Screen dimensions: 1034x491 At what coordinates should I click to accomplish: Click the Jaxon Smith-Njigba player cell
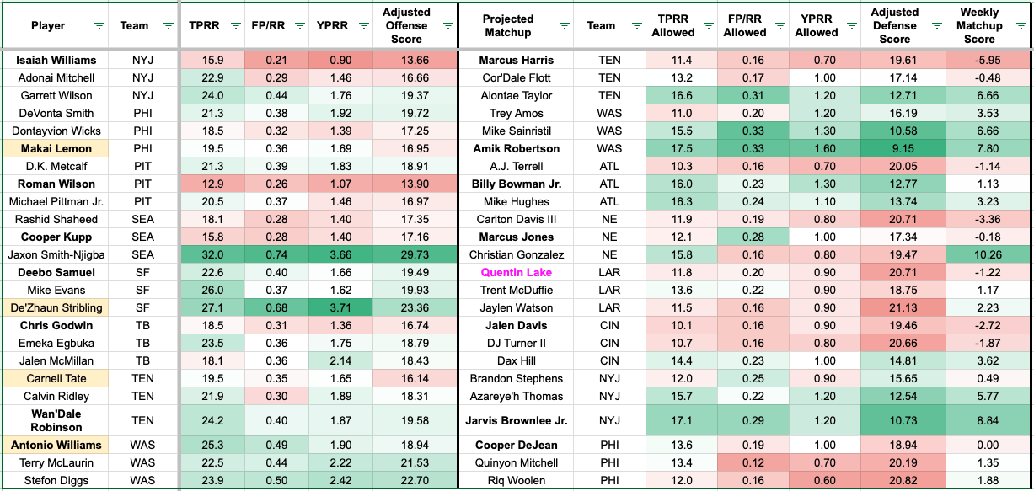pos(56,254)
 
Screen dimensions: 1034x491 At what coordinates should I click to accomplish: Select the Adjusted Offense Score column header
pos(406,26)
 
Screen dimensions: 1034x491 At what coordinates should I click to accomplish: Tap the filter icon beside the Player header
pos(99,26)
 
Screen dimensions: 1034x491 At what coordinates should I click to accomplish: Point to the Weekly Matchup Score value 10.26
pos(988,254)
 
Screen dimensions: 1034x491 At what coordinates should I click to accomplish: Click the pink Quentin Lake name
pos(516,272)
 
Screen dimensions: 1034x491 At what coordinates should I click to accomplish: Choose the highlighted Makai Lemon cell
pos(56,148)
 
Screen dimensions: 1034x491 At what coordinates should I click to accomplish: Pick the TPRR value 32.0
pos(212,254)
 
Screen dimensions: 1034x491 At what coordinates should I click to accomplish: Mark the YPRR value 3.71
pos(340,307)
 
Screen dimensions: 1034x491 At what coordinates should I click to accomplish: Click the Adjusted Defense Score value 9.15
pos(903,148)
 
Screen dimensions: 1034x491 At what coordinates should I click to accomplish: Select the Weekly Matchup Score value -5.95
pos(988,60)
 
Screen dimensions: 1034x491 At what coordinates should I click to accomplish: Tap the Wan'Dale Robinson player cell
pos(56,420)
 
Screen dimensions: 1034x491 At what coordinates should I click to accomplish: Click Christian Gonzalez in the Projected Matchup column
pos(516,254)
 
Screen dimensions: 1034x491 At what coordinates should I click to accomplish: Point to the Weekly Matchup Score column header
pos(979,26)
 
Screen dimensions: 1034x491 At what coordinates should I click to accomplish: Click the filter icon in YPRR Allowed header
pos(852,26)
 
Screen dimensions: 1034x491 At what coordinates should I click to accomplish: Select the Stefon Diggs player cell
pos(56,480)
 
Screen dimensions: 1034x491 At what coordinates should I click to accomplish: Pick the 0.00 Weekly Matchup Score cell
pos(988,445)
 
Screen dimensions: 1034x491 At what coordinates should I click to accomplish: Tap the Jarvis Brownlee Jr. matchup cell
pos(516,420)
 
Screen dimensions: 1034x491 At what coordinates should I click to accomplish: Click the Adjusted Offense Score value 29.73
pos(415,254)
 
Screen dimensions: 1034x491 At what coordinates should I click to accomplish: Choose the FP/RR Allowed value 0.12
pos(753,463)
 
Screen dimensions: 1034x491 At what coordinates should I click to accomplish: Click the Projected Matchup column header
pos(508,26)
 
